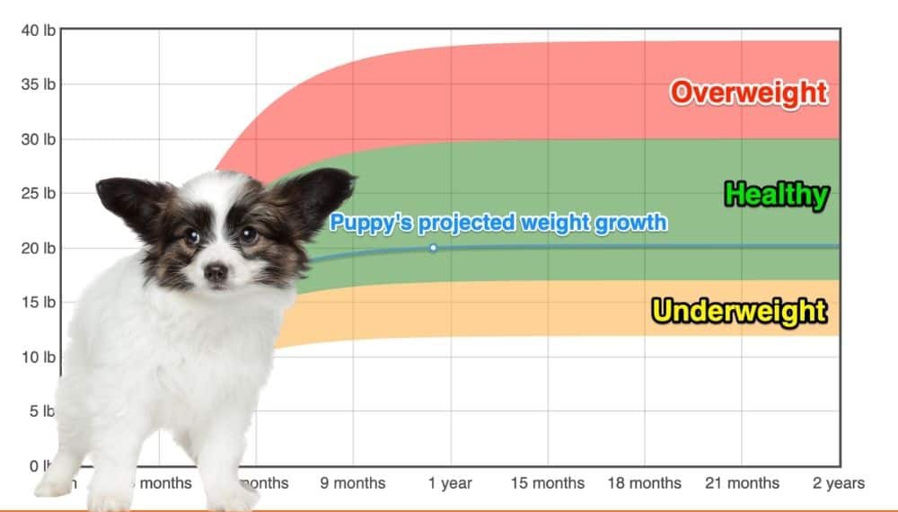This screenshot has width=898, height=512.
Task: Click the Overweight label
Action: [x=748, y=93]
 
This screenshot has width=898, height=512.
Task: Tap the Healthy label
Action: [x=776, y=195]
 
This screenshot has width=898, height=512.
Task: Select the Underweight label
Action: [x=739, y=311]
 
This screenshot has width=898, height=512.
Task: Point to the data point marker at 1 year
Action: [x=433, y=248]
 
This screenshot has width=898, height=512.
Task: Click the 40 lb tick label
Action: [x=38, y=31]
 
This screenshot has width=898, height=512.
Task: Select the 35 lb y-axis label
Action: [x=38, y=84]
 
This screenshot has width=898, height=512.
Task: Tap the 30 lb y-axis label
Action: [x=38, y=139]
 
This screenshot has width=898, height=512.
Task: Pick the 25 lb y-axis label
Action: [x=38, y=193]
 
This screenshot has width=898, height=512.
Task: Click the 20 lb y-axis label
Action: [x=38, y=248]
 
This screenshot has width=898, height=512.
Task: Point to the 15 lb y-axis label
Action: [x=38, y=303]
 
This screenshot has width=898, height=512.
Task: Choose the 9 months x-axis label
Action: [x=353, y=483]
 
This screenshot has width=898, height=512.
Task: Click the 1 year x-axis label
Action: [x=450, y=483]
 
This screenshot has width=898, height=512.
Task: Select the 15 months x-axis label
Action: [x=547, y=483]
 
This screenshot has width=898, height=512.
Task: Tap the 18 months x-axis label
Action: [x=644, y=483]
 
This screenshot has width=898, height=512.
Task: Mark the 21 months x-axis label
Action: [x=741, y=483]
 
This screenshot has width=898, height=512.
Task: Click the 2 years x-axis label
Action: [x=838, y=483]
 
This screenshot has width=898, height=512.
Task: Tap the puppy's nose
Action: [x=216, y=272]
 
